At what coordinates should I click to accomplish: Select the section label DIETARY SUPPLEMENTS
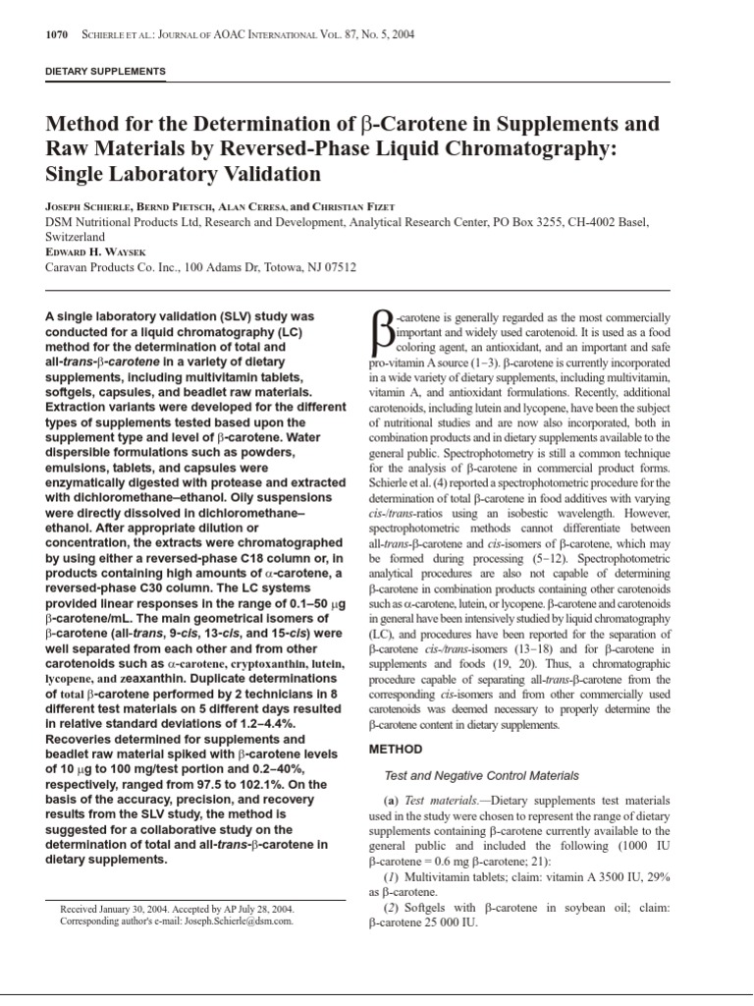point(106,72)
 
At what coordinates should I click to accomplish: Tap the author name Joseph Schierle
point(90,207)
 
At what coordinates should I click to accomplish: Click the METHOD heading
point(395,750)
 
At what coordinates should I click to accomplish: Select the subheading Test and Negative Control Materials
point(481,776)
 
